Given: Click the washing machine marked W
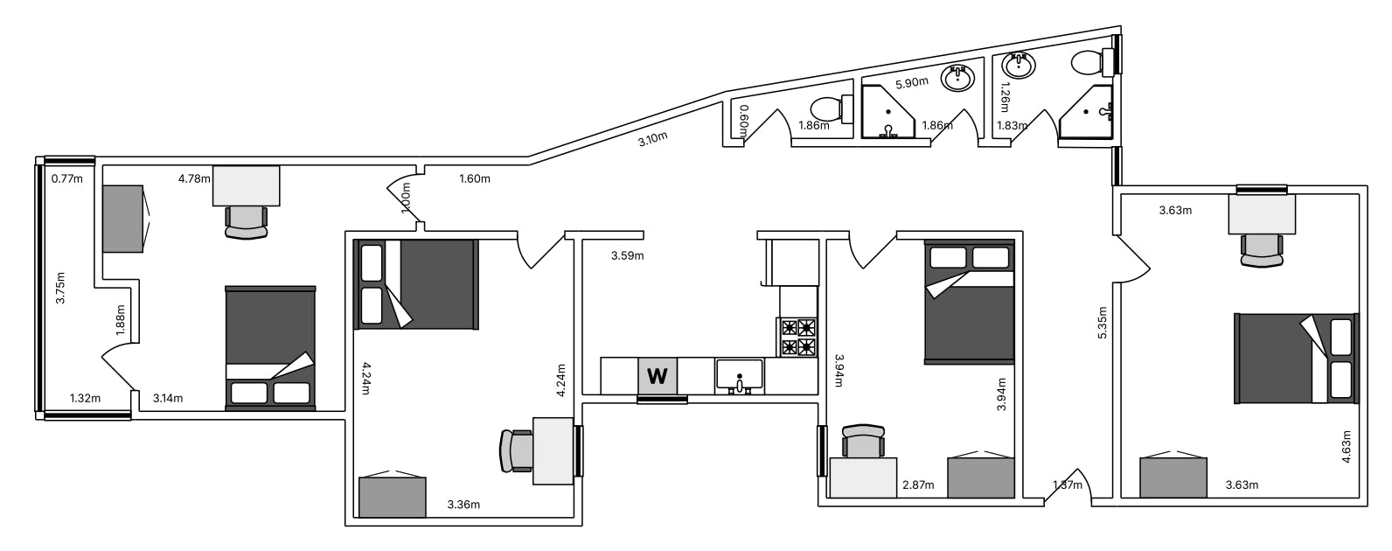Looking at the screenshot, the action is coord(658,375).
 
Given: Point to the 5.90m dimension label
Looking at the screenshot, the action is coord(912,82).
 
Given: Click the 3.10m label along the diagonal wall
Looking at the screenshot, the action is coord(652,139).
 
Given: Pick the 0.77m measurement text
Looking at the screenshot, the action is coord(66,179).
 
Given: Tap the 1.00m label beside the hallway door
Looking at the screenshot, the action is coord(407,198).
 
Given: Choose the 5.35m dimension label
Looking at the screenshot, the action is coord(1103,323).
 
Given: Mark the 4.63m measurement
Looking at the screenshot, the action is coord(1346,447).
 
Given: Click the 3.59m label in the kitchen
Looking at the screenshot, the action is coord(627,255).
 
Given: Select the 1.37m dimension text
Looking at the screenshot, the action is coord(1068,485).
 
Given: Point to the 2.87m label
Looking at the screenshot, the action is coord(918,485).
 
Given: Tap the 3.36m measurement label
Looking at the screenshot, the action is coord(463,505).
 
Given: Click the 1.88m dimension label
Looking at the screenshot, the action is coord(121,319).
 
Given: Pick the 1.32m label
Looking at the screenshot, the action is coord(85,398).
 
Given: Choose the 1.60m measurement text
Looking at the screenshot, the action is coord(475,179).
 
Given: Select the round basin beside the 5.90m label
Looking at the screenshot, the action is coord(957,79).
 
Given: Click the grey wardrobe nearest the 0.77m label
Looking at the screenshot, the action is coord(124,219).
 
